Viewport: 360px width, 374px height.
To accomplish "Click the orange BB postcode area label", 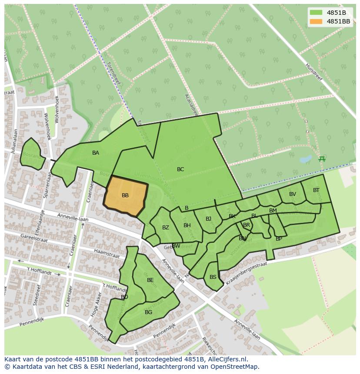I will click(125, 195).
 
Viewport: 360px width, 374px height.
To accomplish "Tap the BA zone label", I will click(96, 153).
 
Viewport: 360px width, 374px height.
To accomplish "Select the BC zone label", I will click(180, 169).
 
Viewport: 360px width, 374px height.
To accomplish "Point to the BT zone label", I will click(316, 190).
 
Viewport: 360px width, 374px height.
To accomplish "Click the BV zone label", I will click(293, 194).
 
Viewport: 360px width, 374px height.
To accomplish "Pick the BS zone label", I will click(213, 277).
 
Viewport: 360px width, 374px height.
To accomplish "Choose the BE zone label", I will click(150, 280).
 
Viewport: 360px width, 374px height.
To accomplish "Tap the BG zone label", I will click(149, 312).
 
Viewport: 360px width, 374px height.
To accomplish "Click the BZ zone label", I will click(166, 228).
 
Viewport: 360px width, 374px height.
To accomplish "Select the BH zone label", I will click(187, 225).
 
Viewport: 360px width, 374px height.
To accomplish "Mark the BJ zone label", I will click(209, 219).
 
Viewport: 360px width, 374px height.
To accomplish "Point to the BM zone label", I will click(273, 211).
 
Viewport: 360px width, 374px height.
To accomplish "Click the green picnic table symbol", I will click(322, 159).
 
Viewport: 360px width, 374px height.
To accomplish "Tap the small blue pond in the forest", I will click(306, 159).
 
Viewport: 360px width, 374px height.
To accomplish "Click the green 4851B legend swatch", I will click(316, 13).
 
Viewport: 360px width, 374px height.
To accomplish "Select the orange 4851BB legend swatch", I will click(316, 21).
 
